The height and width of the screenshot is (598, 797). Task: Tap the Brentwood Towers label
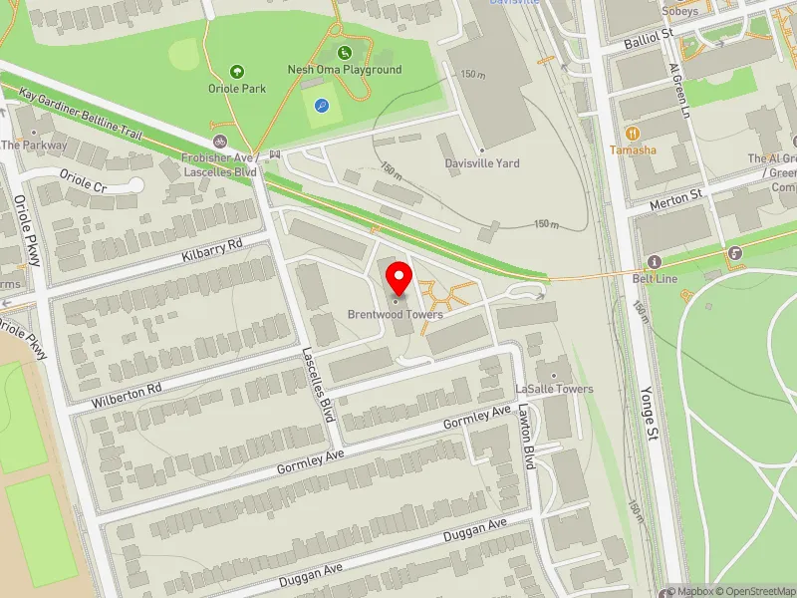click(396, 315)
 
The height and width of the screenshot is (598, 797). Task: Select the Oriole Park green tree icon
click(237, 71)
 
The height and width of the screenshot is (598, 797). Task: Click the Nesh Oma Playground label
click(345, 70)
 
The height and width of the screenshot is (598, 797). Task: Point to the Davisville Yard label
click(482, 163)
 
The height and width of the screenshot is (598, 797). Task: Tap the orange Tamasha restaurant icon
click(632, 133)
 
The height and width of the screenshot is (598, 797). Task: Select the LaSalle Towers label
click(554, 389)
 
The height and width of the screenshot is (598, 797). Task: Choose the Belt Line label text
click(655, 279)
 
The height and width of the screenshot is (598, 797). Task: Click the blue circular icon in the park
click(321, 105)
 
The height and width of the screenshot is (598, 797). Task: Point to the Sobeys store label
click(679, 12)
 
